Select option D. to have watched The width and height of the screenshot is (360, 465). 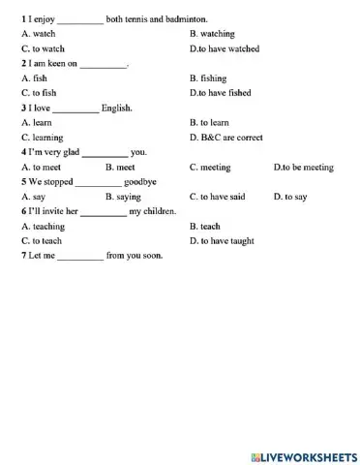tap(225, 47)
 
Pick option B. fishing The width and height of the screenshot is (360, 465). tap(208, 77)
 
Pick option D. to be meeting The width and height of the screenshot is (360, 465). tap(304, 168)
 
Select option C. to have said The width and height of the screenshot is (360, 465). tap(218, 197)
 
